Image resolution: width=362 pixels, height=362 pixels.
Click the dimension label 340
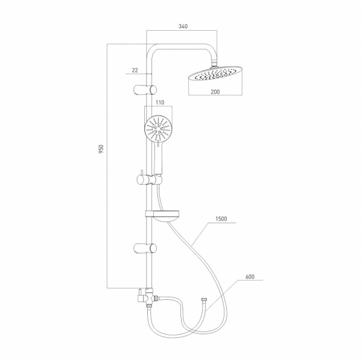click(183, 27)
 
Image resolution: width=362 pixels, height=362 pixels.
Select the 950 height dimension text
click(101, 149)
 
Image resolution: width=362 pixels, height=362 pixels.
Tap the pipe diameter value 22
click(135, 70)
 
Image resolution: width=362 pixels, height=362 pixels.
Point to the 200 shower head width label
click(215, 92)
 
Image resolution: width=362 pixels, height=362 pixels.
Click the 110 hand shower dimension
click(160, 103)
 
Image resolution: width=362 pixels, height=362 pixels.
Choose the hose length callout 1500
click(221, 218)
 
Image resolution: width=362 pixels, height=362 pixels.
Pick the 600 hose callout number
click(250, 276)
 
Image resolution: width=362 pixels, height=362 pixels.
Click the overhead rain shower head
click(215, 74)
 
